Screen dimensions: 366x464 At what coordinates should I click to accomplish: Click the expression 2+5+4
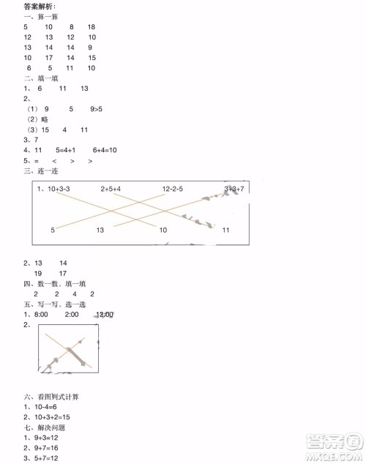(x=111, y=189)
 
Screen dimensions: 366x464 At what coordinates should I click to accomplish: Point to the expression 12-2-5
(x=172, y=189)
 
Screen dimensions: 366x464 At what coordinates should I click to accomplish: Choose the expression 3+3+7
(x=234, y=189)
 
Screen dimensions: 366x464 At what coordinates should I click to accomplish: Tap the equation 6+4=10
(x=102, y=150)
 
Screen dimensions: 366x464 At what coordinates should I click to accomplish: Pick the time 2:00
(x=71, y=315)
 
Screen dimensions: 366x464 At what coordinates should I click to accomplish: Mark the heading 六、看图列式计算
(x=51, y=396)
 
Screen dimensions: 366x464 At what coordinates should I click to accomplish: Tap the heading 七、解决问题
(x=45, y=427)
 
